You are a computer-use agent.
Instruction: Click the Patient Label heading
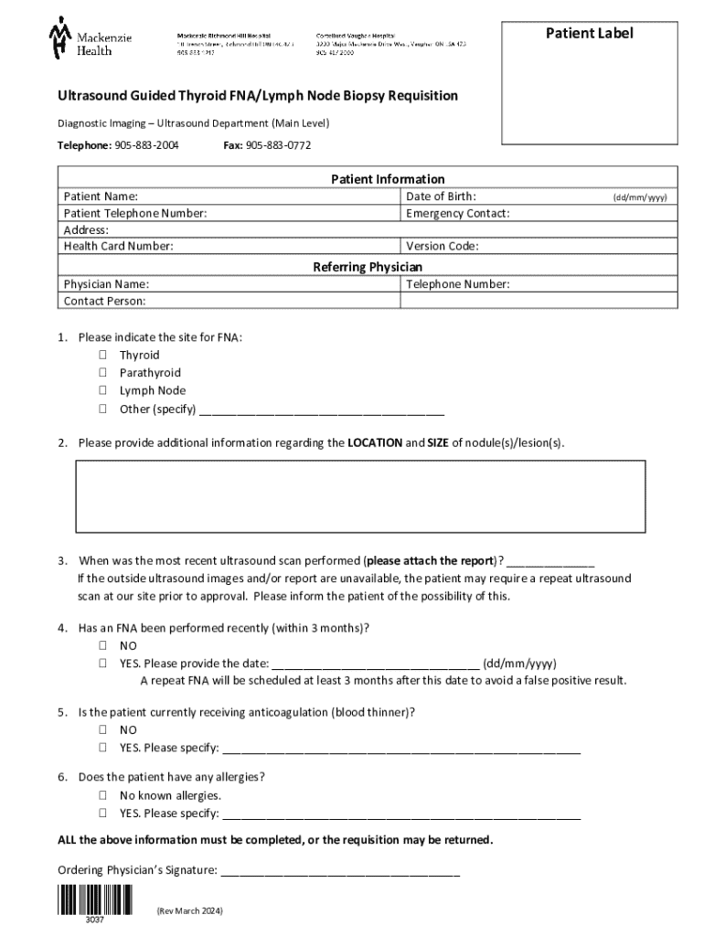point(589,34)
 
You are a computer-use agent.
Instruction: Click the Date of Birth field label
point(441,197)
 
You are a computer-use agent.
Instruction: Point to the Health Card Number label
point(118,246)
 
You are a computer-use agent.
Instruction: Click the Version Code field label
point(442,246)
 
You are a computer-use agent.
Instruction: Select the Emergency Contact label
point(457,213)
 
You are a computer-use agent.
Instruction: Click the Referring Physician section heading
point(368,267)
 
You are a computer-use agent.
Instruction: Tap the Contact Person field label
point(104,301)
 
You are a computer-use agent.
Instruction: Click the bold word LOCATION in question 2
point(375,443)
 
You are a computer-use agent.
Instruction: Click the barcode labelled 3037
point(95,901)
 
